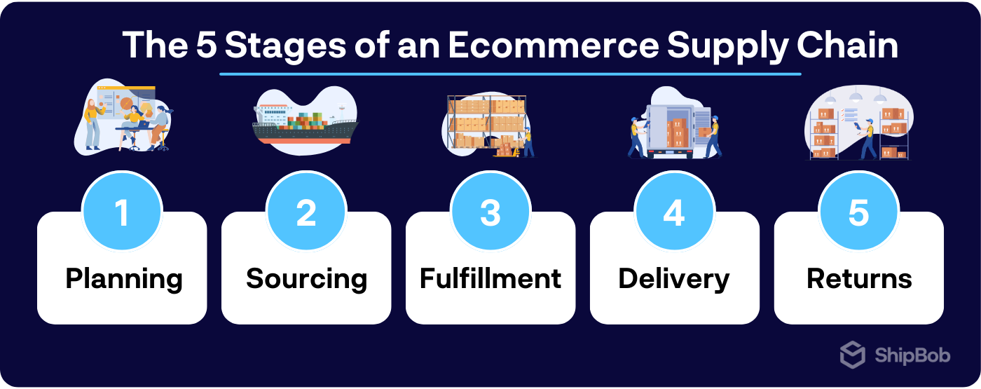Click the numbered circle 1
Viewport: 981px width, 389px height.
(123, 212)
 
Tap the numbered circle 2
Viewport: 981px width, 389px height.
(306, 212)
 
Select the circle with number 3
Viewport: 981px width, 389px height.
(490, 212)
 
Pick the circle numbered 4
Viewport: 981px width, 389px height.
(674, 212)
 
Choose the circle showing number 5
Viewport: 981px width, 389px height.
(858, 212)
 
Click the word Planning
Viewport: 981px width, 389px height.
(124, 279)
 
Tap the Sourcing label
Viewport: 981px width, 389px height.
(306, 279)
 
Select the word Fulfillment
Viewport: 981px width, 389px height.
(490, 278)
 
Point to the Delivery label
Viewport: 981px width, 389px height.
(674, 279)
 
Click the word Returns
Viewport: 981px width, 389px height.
(859, 278)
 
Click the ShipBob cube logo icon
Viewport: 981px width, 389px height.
(853, 355)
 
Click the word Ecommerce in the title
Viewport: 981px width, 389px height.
(553, 46)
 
